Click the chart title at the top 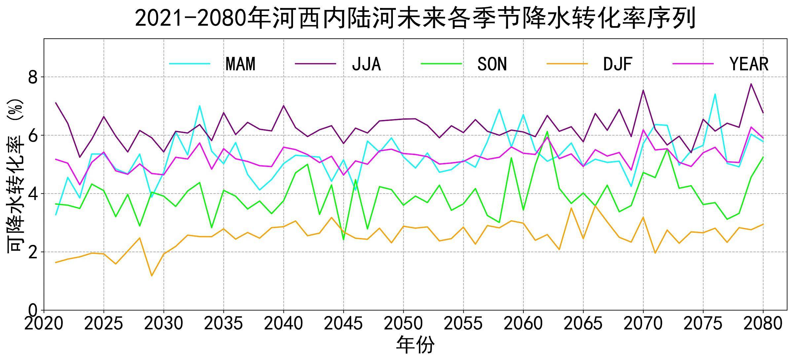(x=416, y=19)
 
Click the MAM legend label (x=241, y=64)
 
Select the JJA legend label (x=366, y=64)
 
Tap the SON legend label (x=492, y=64)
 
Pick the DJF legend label (x=618, y=64)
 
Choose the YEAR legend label (x=749, y=64)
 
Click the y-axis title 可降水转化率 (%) (x=15, y=175)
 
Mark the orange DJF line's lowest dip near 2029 (x=152, y=276)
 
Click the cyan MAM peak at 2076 (x=715, y=94)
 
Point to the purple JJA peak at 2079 (x=751, y=84)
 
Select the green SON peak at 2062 (x=548, y=132)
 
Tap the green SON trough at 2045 (x=344, y=240)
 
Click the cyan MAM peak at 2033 (x=200, y=106)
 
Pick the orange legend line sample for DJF (x=567, y=63)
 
